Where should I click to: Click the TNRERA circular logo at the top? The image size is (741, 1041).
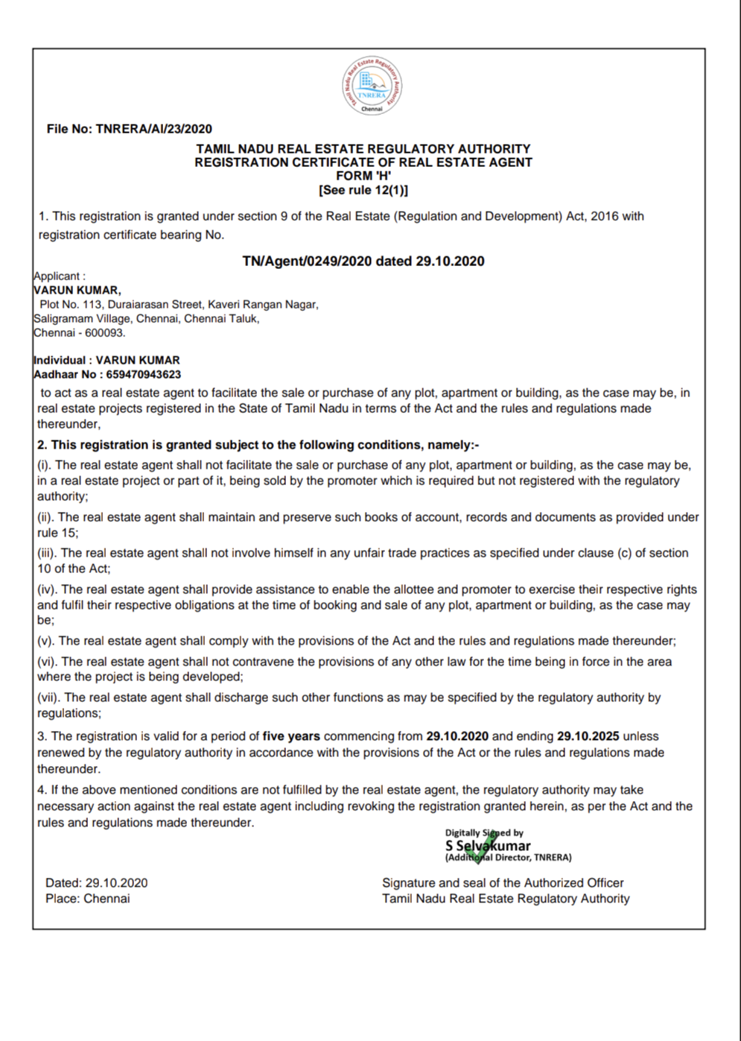[x=372, y=86]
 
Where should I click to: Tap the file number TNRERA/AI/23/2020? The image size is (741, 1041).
[x=153, y=129]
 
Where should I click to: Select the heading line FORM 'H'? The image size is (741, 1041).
[x=363, y=176]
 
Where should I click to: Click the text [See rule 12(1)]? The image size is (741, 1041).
[x=363, y=190]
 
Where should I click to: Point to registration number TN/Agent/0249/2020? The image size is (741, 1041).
[x=308, y=261]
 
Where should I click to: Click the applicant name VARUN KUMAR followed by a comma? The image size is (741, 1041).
[x=77, y=290]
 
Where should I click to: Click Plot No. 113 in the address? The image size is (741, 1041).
[x=71, y=304]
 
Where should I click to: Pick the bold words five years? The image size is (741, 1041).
[x=291, y=736]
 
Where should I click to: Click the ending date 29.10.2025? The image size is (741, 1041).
[x=588, y=736]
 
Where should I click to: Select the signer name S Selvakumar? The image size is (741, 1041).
[x=488, y=846]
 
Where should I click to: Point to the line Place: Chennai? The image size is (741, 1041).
[x=88, y=899]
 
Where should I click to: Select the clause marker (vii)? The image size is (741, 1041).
[x=49, y=697]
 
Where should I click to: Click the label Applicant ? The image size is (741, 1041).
[x=60, y=276]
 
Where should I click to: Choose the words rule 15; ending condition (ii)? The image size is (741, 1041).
[x=58, y=533]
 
